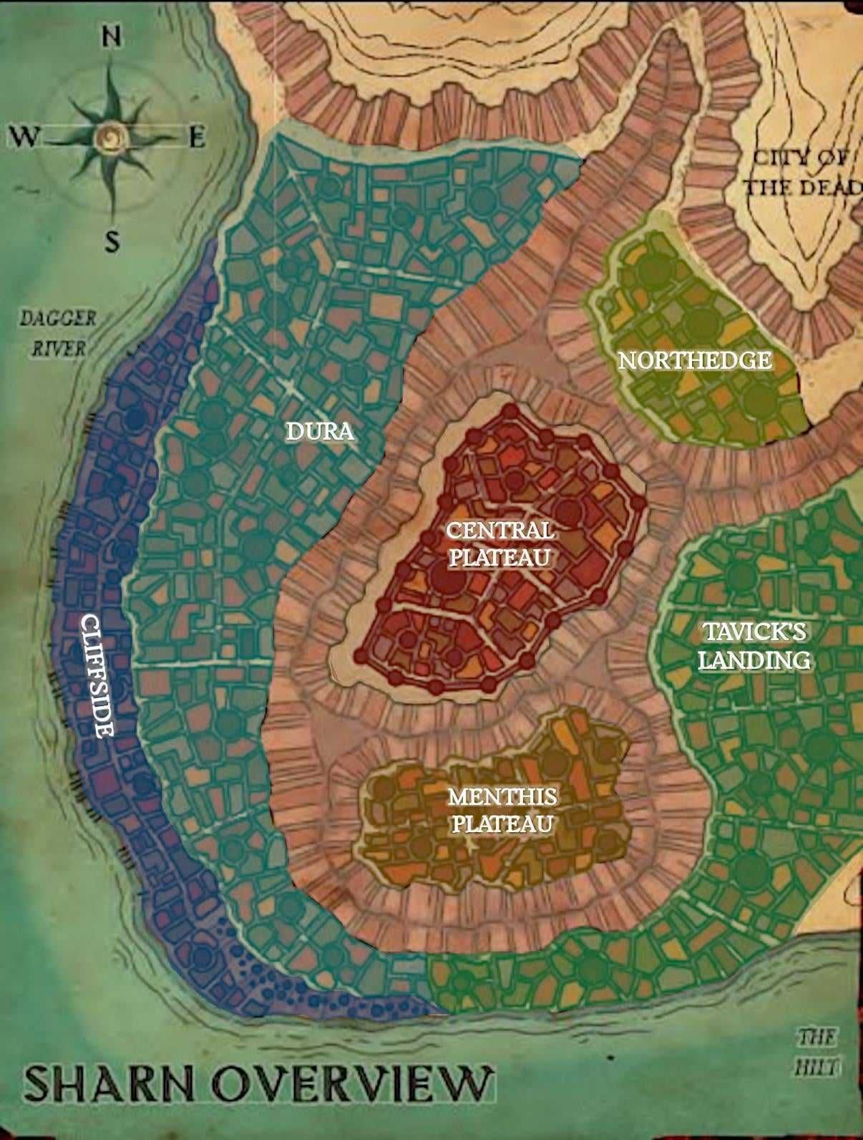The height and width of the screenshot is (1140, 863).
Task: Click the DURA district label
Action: [x=320, y=431]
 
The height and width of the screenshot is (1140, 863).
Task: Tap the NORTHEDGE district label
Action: [x=695, y=360]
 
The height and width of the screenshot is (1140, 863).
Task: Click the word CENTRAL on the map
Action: [x=499, y=531]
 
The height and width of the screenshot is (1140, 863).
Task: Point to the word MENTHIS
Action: [x=502, y=796]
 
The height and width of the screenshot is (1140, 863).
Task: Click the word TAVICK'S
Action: [x=754, y=632]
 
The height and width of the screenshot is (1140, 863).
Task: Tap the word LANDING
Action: [x=754, y=660]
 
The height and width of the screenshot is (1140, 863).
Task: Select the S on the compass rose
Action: [x=112, y=243]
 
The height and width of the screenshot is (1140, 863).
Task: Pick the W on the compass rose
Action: [x=24, y=136]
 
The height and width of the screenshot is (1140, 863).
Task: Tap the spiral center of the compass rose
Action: [x=112, y=135]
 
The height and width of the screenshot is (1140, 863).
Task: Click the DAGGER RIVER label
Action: [x=57, y=333]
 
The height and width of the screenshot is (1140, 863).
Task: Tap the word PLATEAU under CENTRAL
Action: [x=499, y=557]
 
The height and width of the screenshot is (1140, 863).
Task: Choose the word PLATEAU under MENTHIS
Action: [x=502, y=823]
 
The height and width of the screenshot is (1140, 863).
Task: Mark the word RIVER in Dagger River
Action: [x=60, y=349]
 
